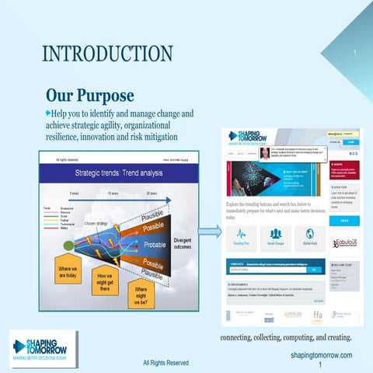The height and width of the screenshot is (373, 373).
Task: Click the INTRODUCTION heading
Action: (x=107, y=54)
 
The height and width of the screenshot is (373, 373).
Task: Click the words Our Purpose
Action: (x=89, y=96)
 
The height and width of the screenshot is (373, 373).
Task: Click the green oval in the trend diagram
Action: (x=69, y=246)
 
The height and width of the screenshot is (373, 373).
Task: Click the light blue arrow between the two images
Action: (x=209, y=231)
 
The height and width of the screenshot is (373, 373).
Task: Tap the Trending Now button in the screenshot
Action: (x=241, y=237)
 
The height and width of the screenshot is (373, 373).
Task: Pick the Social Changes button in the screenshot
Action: (x=275, y=237)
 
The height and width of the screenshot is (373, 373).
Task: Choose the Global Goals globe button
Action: (x=309, y=237)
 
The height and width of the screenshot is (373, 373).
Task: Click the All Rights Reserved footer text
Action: (x=166, y=362)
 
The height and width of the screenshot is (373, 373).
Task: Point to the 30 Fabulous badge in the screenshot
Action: (x=344, y=242)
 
